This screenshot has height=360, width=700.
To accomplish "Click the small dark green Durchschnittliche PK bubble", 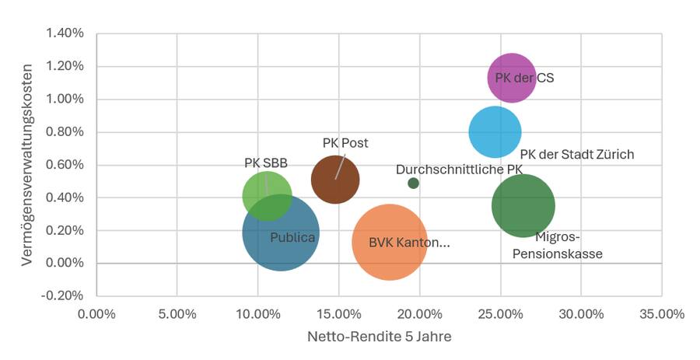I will (413, 183).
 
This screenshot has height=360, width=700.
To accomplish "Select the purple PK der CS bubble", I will (512, 78).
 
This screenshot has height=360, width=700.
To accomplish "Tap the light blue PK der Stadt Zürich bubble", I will (495, 132).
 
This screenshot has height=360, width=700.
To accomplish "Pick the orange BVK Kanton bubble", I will (389, 242).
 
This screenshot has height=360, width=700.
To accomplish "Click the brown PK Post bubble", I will (335, 180).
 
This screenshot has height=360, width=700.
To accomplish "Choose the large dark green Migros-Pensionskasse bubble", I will (523, 205).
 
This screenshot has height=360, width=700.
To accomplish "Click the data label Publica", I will (292, 236).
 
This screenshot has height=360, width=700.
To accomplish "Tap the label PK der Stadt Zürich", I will (576, 154).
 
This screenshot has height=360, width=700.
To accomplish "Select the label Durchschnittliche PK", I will (459, 169).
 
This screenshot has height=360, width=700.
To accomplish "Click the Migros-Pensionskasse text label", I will (558, 245).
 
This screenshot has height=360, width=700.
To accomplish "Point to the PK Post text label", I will (345, 143).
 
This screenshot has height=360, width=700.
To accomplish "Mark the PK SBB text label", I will (266, 163).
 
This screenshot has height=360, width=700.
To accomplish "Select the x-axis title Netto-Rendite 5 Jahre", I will (379, 337).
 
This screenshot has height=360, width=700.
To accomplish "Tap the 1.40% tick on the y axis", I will (65, 33).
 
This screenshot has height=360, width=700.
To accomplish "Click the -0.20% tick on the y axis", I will (64, 295).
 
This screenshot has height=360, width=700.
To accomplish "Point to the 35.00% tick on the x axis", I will (662, 314).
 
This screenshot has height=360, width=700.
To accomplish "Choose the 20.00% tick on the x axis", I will (419, 314).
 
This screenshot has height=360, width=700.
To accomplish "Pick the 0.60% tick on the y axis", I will (65, 165).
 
